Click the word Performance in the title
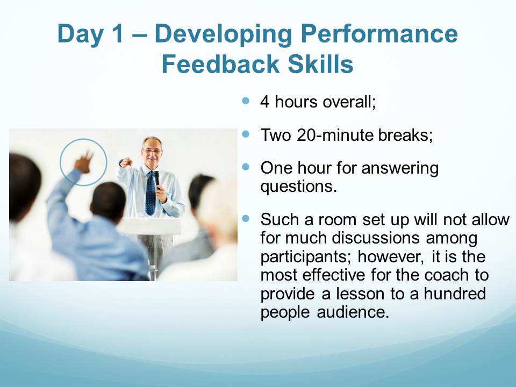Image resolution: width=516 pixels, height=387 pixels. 379,33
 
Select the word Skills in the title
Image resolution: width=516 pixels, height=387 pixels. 320,64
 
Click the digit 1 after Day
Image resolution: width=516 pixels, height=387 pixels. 116,33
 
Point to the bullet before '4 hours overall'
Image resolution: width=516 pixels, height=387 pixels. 246,101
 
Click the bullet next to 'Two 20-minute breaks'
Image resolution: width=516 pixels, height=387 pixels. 246,134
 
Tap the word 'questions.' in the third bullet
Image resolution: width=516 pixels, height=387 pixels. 298,187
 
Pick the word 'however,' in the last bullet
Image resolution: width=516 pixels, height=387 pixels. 391,257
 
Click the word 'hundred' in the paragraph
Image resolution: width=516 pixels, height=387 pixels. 455,293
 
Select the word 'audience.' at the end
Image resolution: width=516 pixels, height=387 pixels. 353,312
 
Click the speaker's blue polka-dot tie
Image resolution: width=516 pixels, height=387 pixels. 150,194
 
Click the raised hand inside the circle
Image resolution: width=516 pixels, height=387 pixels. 84,161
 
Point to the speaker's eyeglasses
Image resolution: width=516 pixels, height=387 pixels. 152,152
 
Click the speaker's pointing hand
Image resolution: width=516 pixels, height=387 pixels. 126,162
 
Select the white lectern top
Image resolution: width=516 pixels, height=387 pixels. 149,226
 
